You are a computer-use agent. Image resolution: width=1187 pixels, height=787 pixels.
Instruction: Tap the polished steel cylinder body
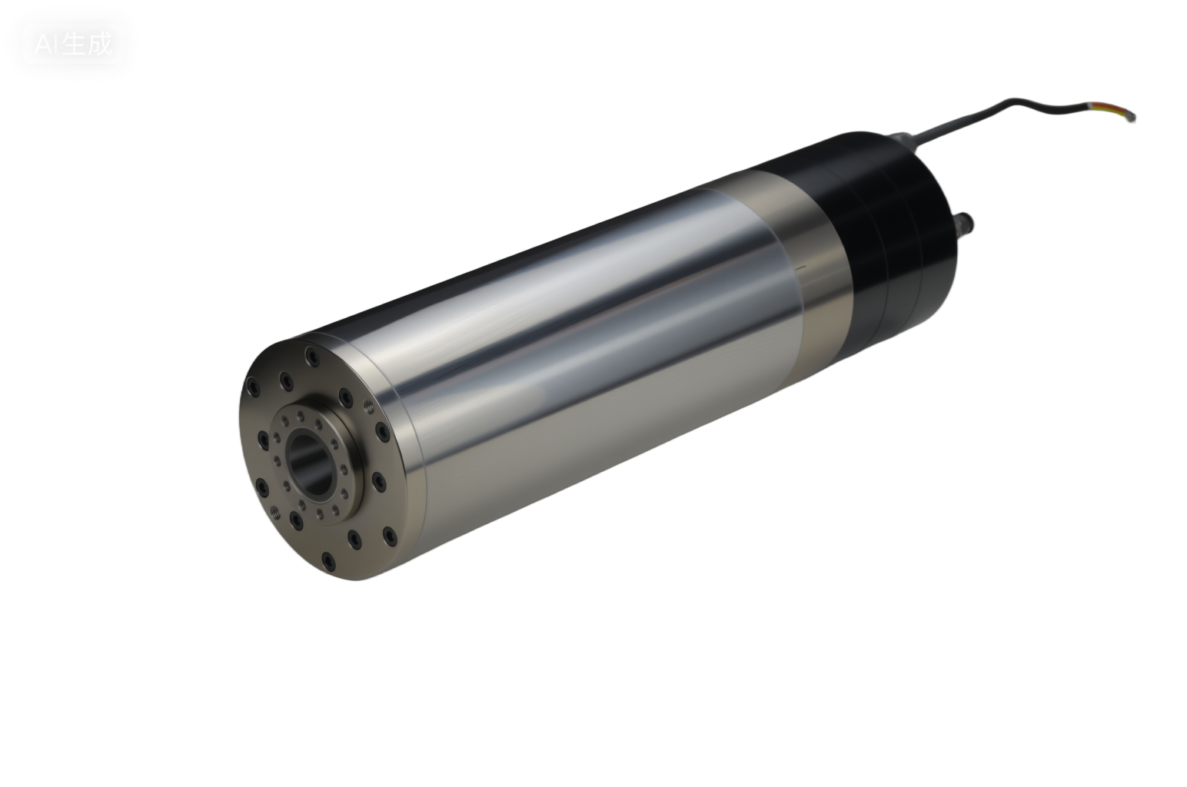[x=584, y=323]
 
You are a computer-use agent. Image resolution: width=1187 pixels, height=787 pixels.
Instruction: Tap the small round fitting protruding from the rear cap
[x=965, y=222]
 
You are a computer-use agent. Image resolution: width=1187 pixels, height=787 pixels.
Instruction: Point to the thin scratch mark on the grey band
[x=802, y=268]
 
